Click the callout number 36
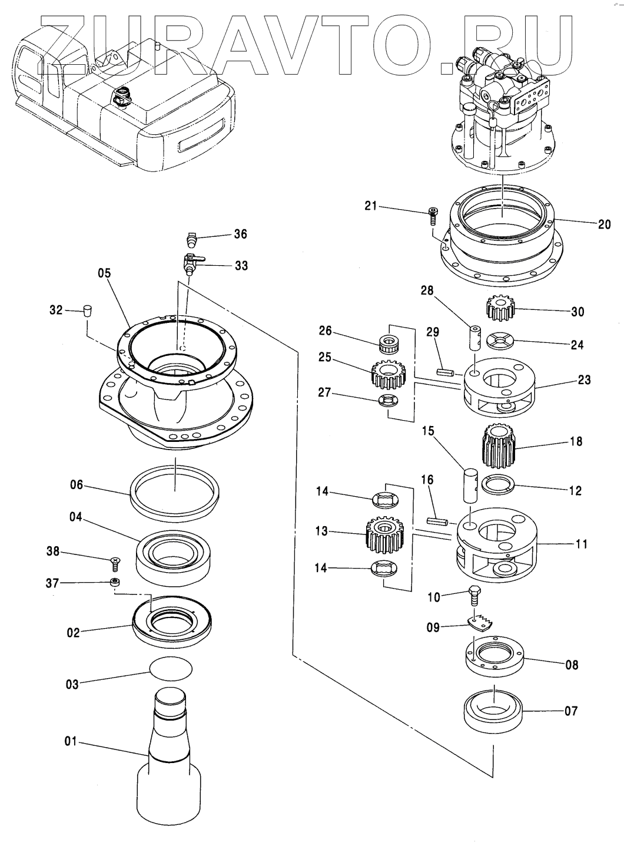240,235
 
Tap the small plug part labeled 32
87,309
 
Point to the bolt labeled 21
433,216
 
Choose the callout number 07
571,711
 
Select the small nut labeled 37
115,583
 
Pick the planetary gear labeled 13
386,533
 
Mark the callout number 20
603,224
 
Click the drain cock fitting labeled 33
191,262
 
